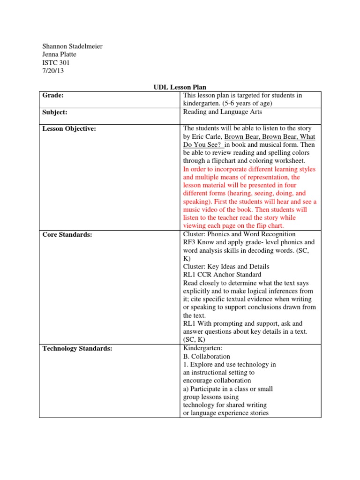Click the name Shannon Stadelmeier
tap(73, 46)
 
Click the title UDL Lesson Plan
tap(180, 87)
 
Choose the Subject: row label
tap(55, 112)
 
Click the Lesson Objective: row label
tap(69, 129)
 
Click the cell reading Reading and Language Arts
tap(222, 112)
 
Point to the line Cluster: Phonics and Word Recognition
tap(239, 234)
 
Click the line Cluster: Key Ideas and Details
tap(226, 267)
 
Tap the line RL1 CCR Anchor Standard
tap(222, 275)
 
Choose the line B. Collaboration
tap(207, 356)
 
